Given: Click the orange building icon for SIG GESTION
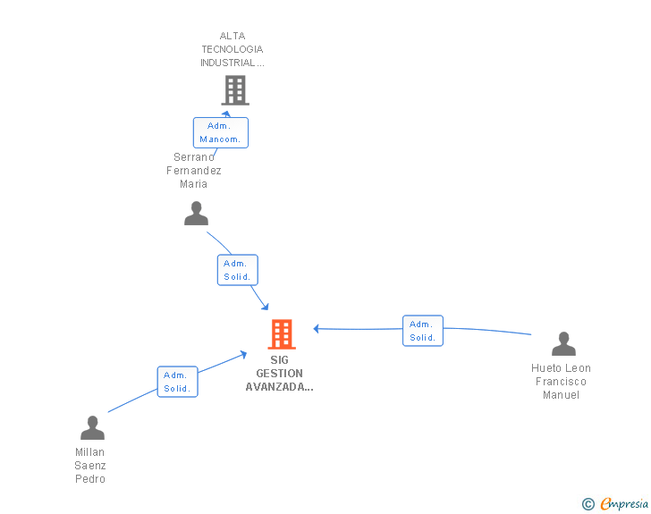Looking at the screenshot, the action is (282, 333).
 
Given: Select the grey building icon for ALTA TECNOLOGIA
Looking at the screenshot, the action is (235, 90).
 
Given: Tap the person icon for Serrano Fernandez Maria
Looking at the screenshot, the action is (196, 214).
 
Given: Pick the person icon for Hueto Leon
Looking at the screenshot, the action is (563, 344).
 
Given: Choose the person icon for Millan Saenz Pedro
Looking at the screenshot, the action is (92, 427).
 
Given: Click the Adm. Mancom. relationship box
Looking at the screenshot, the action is (221, 132).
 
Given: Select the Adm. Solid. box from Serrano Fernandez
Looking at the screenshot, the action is (238, 270).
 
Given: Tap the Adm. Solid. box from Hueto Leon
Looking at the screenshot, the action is (423, 331).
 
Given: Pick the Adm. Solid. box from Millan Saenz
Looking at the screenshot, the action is (177, 382).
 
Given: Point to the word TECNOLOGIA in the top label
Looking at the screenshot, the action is (232, 49).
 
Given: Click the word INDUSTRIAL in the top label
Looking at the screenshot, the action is (228, 63).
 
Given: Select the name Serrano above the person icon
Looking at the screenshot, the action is (194, 157).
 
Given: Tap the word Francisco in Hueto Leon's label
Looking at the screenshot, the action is (561, 382).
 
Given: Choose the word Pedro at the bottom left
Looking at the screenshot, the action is (90, 479).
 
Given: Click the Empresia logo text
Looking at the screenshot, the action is (624, 504).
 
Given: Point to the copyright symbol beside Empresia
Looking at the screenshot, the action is (588, 504).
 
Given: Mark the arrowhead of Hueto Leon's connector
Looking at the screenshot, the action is (317, 329).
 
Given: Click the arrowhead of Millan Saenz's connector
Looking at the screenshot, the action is (243, 355).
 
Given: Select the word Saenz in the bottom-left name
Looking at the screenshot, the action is (90, 466).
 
